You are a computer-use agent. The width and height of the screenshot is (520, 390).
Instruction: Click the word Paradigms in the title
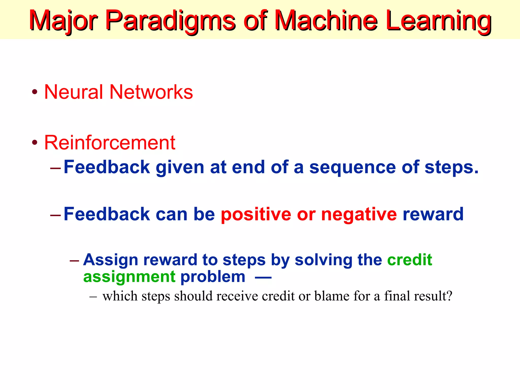pos(170,20)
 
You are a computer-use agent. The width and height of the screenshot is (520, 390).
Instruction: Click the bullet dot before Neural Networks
pos(35,92)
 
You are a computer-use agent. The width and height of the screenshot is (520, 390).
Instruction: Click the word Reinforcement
pos(110,143)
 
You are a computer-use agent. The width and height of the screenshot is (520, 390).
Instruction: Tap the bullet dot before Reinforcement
pos(35,142)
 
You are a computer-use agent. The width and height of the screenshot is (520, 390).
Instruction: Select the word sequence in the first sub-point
pos(352,168)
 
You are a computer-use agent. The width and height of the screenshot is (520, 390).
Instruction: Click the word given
pos(180,168)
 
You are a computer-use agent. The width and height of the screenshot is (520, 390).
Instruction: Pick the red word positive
pos(256,215)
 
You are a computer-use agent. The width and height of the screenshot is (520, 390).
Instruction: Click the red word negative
pos(359,215)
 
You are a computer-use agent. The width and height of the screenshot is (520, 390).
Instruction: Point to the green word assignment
pos(129,277)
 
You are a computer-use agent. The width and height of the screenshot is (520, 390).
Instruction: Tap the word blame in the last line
pos(332,296)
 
